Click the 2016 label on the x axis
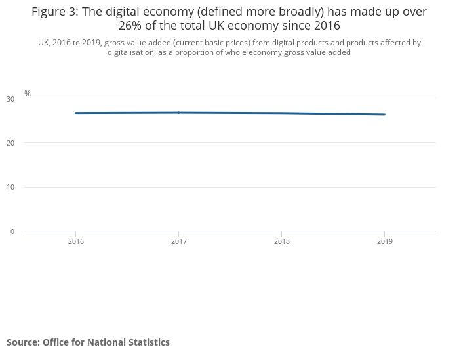76,242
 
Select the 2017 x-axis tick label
179,242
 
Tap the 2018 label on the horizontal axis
282,242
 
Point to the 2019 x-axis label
385,242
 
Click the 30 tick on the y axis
10,99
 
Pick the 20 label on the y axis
10,143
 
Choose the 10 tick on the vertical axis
10,188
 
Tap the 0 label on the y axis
12,231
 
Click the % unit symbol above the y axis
28,94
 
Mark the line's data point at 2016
76,113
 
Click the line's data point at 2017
179,113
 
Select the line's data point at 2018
282,113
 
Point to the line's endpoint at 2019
385,115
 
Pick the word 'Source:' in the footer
24,342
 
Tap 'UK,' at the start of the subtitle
44,43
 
